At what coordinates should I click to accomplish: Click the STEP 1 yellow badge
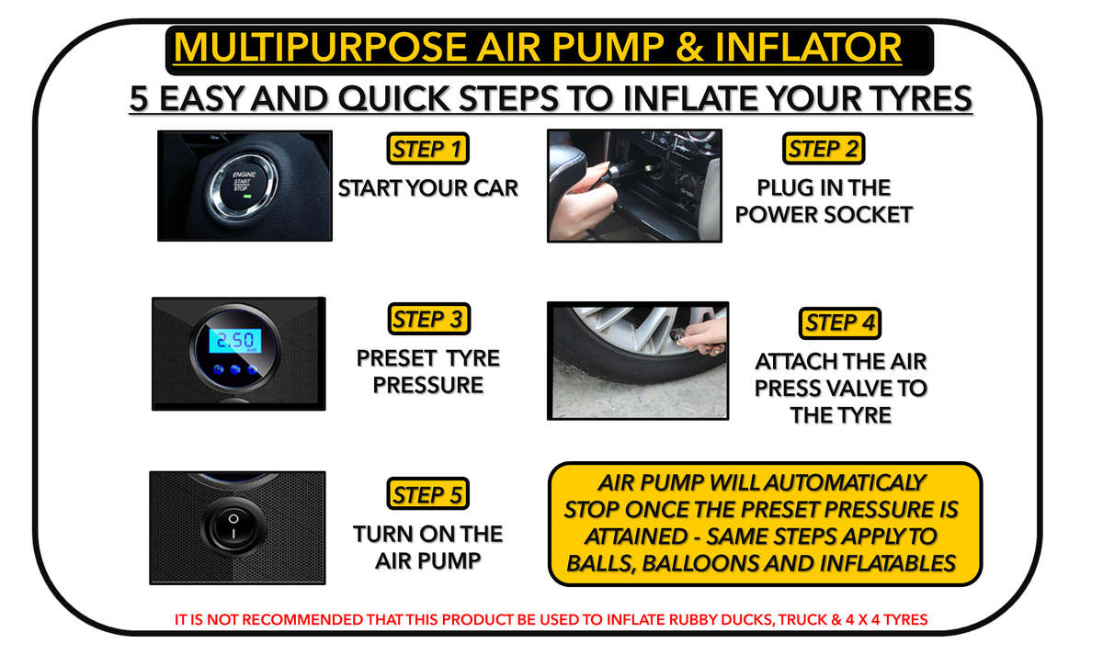tap(428, 148)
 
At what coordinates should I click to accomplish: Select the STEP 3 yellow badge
tap(428, 320)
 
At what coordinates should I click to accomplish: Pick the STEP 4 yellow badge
tap(840, 323)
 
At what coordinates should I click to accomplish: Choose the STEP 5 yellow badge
tap(428, 494)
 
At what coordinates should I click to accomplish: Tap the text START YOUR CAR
tap(428, 188)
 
